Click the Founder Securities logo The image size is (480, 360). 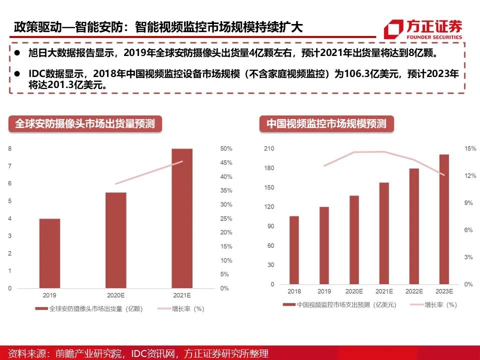tap(422, 28)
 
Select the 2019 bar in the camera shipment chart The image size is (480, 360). tap(49, 253)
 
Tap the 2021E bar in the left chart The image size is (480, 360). tap(181, 218)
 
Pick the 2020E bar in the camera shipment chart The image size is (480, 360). tap(116, 240)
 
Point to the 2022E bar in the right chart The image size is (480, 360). tap(413, 226)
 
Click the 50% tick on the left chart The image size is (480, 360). tap(226, 149)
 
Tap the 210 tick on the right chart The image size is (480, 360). tap(269, 149)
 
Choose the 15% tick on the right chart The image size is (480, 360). tap(468, 149)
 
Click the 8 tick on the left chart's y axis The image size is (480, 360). tap(9, 148)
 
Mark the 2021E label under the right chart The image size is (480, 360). tap(383, 291)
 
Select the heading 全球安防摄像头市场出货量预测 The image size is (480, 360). tap(85, 123)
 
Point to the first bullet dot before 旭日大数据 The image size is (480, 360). tap(17, 52)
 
